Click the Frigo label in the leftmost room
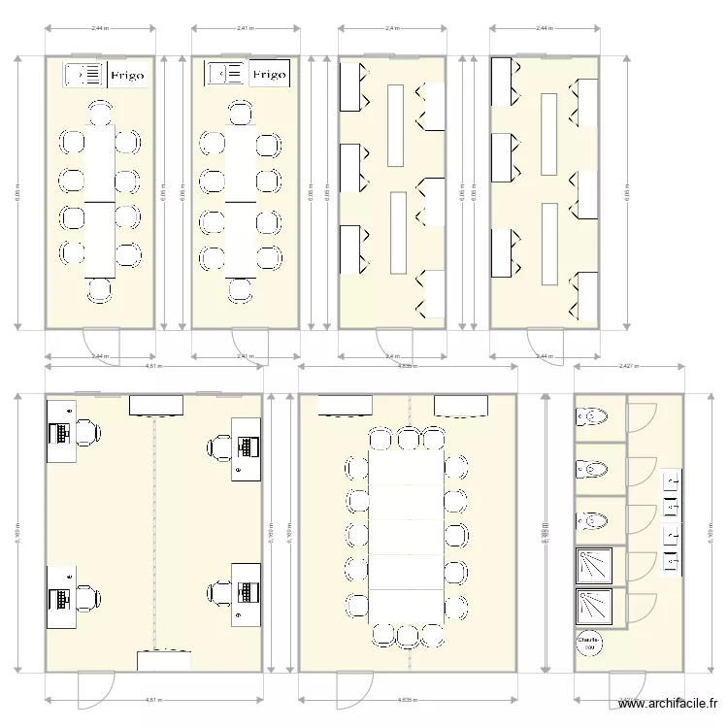127,75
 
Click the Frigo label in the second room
269,75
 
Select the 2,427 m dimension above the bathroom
628,366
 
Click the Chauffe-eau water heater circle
588,643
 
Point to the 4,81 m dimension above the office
153,367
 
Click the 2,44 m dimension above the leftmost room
99,28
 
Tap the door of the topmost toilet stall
641,418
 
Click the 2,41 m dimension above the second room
246,28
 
